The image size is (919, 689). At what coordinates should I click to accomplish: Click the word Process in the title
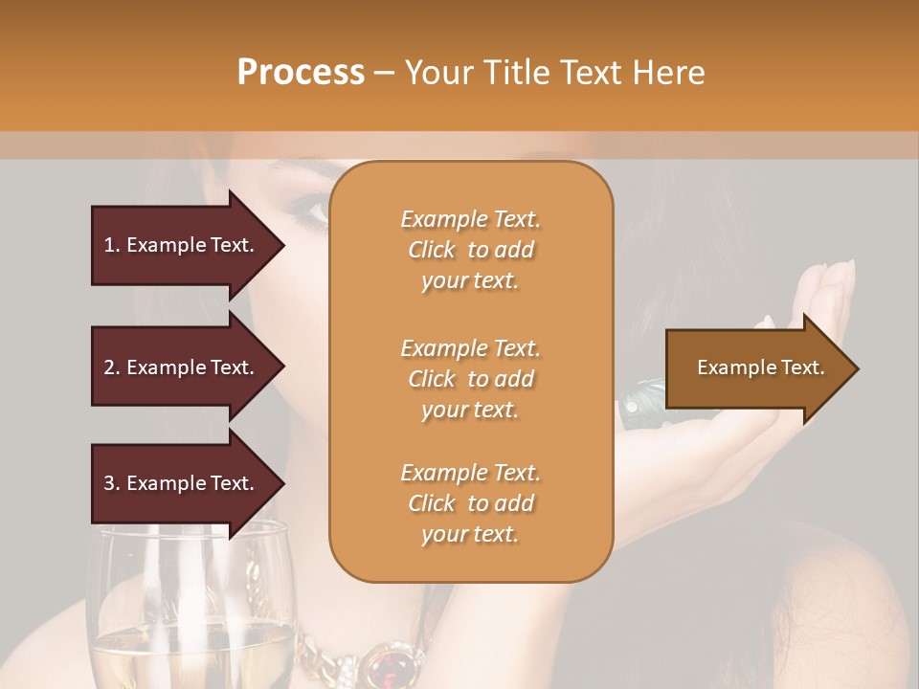point(301,73)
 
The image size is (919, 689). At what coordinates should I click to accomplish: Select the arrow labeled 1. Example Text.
point(182,245)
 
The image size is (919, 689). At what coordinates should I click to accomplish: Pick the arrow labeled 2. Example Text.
point(182,367)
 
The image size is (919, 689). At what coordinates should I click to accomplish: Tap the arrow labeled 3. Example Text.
point(182,483)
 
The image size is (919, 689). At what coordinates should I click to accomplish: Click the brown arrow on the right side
point(756,368)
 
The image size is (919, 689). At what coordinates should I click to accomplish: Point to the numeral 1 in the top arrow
point(109,245)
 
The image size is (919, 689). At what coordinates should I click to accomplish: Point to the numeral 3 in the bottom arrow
point(109,483)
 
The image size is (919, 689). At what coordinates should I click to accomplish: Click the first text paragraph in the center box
point(470,250)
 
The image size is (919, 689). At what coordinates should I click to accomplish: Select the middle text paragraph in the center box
point(470,379)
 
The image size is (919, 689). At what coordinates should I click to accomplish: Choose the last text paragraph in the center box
point(470,503)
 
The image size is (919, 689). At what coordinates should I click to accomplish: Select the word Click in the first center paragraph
point(432,250)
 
